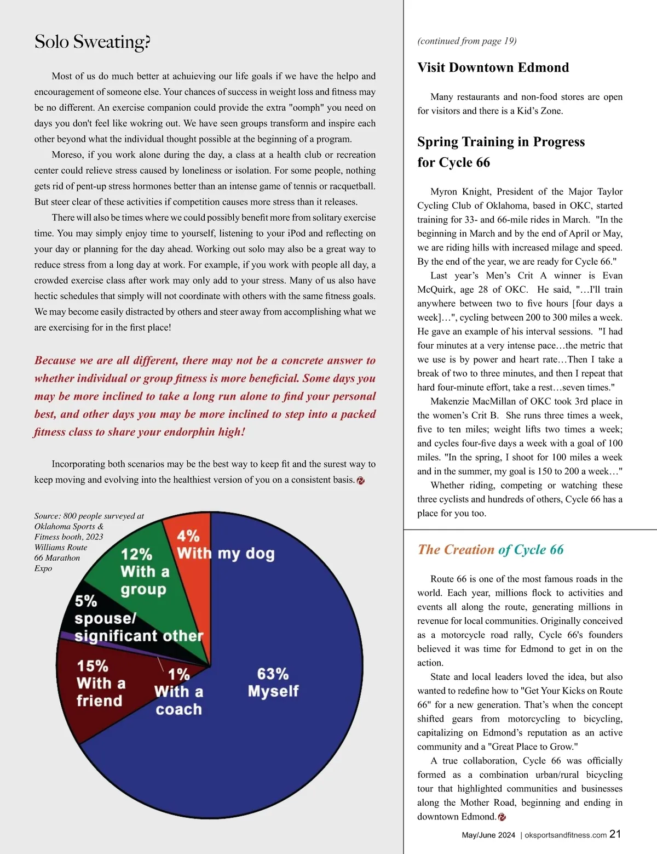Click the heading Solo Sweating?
coord(92,42)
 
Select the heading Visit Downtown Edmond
coord(493,67)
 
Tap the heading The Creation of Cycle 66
coord(490,550)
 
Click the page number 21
coord(615,834)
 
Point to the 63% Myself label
coord(273,682)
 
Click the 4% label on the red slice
coord(188,536)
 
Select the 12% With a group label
coord(144,571)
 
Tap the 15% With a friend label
coord(100,684)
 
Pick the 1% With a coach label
coord(178,692)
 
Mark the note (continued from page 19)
coord(466,41)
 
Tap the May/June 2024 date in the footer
coord(488,835)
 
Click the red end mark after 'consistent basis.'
coord(360,481)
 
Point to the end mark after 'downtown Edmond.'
coord(502,817)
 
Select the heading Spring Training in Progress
coord(500,142)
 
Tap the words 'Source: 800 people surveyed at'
coord(89,516)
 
